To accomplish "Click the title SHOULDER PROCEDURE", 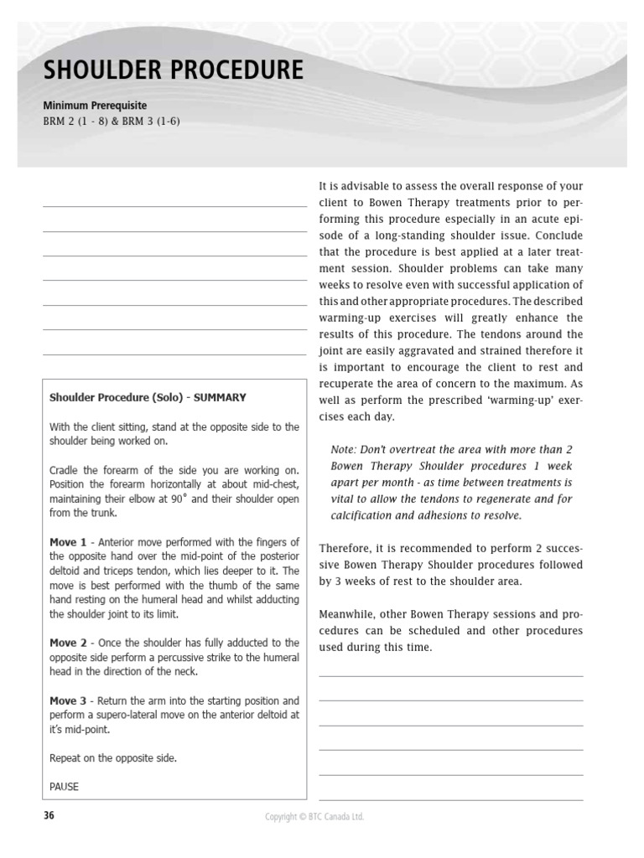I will click(173, 70).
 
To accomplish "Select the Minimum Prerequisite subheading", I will click(95, 106).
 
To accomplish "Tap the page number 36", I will click(49, 815).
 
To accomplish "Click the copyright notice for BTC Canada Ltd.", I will click(314, 816).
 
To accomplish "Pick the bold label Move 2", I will click(68, 643).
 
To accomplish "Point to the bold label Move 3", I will click(68, 700).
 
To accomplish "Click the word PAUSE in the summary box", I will click(64, 787).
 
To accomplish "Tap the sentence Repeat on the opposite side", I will click(113, 758).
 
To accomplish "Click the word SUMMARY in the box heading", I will click(220, 397).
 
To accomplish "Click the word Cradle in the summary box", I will click(65, 470).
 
